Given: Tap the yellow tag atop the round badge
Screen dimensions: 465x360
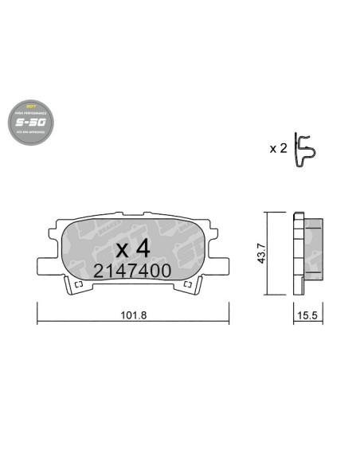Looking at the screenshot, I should [x=33, y=107].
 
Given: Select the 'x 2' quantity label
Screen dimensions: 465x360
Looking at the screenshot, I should [x=278, y=148].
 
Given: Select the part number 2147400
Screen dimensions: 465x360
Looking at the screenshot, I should [x=131, y=270].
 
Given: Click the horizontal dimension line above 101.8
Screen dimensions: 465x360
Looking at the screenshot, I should [x=131, y=322].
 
